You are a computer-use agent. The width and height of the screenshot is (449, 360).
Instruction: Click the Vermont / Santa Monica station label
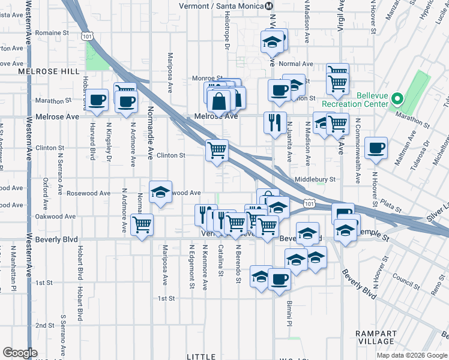(x=221, y=6)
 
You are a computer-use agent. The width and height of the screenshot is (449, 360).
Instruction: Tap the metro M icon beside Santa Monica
(x=269, y=6)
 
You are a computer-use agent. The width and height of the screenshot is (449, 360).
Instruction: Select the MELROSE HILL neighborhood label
(x=49, y=71)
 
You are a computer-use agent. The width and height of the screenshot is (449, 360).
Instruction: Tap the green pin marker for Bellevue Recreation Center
(x=396, y=99)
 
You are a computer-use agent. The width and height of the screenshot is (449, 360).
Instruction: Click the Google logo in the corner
(x=20, y=353)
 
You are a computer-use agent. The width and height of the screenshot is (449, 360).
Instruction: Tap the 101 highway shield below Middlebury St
(x=309, y=205)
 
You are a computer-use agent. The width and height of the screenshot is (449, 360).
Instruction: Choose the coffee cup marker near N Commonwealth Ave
(x=376, y=148)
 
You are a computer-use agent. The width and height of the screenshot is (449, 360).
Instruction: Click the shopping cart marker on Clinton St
(x=217, y=150)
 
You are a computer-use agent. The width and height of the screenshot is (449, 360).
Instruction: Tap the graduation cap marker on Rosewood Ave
(x=160, y=193)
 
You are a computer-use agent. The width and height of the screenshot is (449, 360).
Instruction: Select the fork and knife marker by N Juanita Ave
(x=275, y=123)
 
